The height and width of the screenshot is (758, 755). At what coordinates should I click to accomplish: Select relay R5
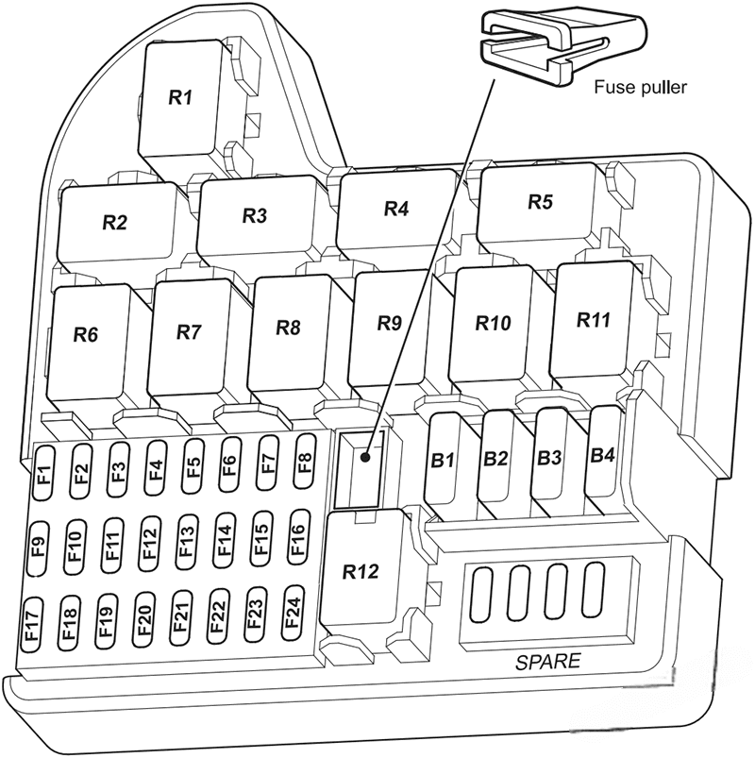538,202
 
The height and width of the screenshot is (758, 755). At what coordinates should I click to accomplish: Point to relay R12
361,571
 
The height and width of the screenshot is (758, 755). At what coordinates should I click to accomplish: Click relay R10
492,323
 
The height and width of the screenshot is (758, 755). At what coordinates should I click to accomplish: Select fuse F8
305,461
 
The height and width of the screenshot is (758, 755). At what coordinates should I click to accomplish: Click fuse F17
32,625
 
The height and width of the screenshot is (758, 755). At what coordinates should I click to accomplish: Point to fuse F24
293,613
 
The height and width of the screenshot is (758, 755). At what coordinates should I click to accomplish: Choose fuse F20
144,620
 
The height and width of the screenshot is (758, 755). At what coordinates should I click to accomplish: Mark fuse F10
75,547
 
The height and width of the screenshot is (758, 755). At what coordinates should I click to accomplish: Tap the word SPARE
548,662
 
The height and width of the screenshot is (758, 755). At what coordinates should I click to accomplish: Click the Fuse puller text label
640,88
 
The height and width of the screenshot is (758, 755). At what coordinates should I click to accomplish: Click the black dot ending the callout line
365,457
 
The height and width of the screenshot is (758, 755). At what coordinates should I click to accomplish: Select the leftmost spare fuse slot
482,594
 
